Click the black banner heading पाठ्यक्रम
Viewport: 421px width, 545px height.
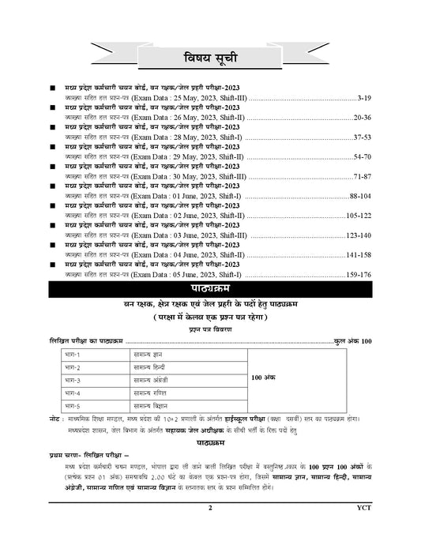pos(210,290)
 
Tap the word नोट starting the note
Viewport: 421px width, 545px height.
pos(56,415)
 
